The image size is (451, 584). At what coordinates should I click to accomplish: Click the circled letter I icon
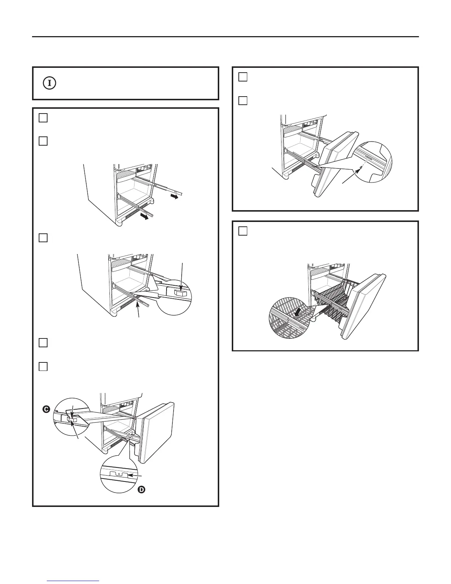50,83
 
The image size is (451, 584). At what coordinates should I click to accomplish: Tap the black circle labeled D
142,490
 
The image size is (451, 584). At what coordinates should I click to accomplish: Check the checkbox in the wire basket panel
242,231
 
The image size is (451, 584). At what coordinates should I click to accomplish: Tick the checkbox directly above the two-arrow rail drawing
43,141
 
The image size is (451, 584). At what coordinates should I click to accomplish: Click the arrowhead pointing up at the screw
359,171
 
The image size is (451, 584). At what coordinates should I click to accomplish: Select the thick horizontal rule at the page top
225,36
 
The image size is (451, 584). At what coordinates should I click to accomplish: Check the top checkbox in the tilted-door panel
242,77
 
